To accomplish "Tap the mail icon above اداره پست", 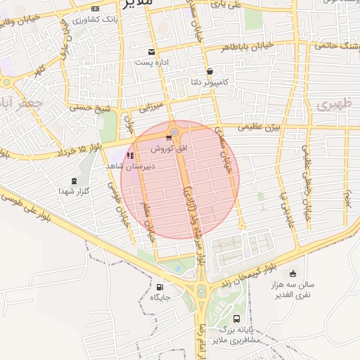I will click(x=151, y=52).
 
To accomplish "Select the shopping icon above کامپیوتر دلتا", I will click(x=210, y=71).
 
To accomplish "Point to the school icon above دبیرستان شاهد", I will click(x=129, y=156).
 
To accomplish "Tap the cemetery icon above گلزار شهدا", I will click(x=75, y=181).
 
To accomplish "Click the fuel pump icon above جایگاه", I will click(x=159, y=287).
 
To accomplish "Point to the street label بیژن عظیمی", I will click(x=259, y=127).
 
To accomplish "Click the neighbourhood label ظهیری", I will click(x=332, y=105).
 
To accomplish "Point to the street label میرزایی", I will click(x=152, y=108).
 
